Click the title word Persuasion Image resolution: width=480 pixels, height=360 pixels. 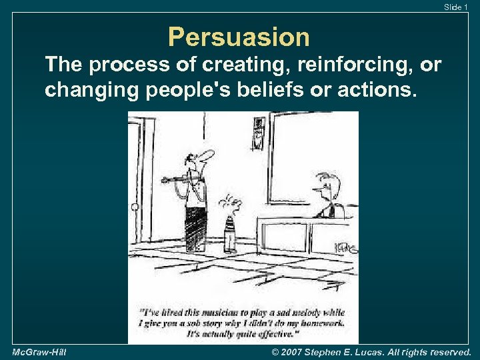(x=239, y=37)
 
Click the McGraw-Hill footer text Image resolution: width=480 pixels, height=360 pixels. (x=39, y=351)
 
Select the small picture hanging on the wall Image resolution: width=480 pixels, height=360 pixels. (x=259, y=133)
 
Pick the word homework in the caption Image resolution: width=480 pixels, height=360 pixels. (x=321, y=323)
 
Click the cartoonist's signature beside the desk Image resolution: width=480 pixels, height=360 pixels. (x=347, y=248)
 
